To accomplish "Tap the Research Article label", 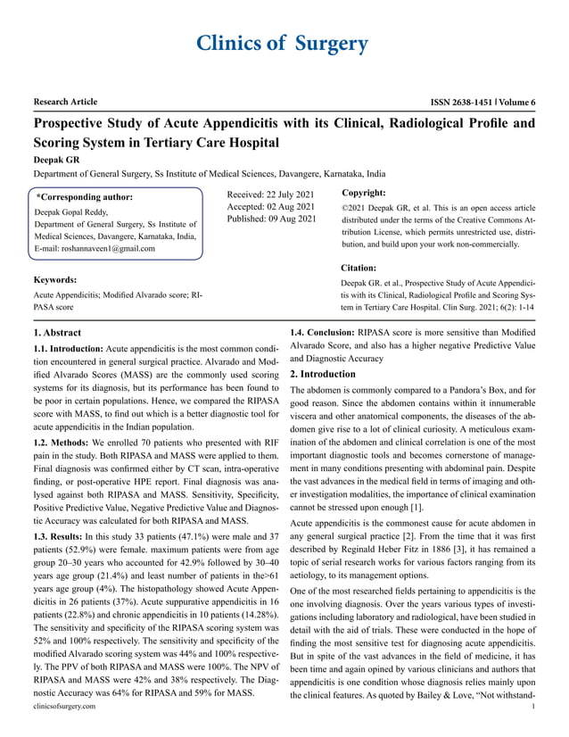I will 65,102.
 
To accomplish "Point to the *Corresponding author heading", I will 86,196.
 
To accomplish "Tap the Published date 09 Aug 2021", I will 272,219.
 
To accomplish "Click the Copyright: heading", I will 363,193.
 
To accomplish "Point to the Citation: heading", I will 359,267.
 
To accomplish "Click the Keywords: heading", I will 59,280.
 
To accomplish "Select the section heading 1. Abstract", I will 56,333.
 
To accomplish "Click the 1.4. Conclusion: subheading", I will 322,333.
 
